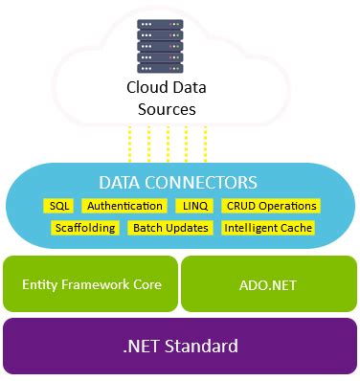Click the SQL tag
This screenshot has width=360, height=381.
click(59, 206)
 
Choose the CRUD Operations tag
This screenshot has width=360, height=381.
click(270, 206)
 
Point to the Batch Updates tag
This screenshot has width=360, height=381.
click(169, 228)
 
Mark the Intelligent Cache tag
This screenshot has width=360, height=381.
click(267, 228)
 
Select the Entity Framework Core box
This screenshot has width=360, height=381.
click(91, 284)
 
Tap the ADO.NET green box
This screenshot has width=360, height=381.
click(269, 284)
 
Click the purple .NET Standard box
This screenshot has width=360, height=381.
click(180, 346)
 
